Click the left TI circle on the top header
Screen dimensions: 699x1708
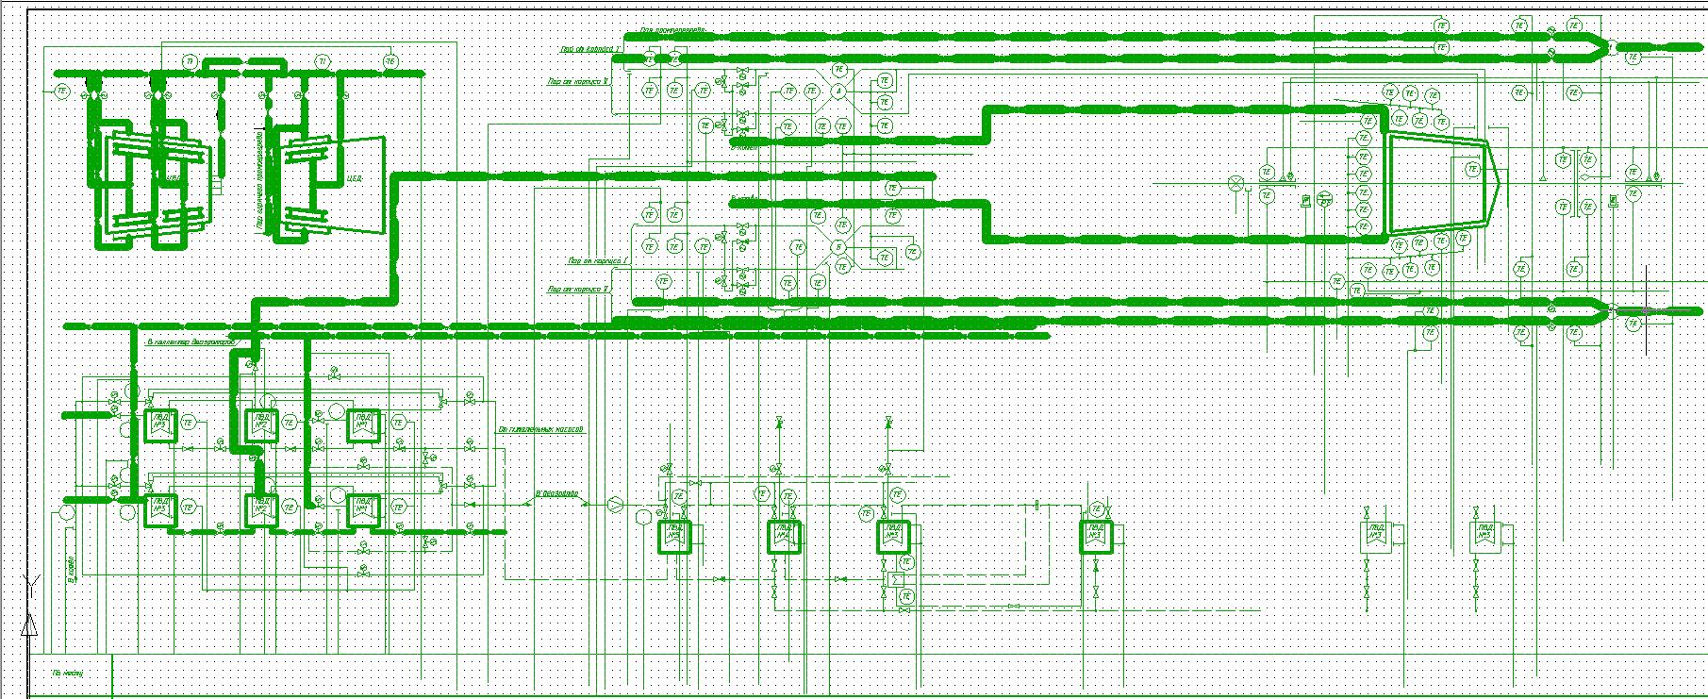coord(191,62)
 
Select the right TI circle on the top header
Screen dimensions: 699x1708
coord(323,62)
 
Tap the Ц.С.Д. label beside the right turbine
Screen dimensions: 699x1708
coord(356,175)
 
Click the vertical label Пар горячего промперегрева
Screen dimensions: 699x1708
coord(259,179)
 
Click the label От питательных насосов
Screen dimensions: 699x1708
coord(540,430)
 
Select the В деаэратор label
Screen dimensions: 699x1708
coord(556,493)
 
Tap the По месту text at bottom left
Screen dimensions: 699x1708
coord(68,674)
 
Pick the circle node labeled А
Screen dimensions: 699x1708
coord(837,92)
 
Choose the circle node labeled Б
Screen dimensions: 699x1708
coord(837,247)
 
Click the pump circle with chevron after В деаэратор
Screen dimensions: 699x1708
coord(615,504)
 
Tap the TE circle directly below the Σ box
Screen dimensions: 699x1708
coord(906,596)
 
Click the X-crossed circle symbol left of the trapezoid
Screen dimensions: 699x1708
coord(1236,182)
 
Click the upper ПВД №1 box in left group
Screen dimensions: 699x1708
coord(158,424)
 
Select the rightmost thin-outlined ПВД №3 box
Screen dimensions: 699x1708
coord(1484,537)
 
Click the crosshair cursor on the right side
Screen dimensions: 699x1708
coord(1647,309)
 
